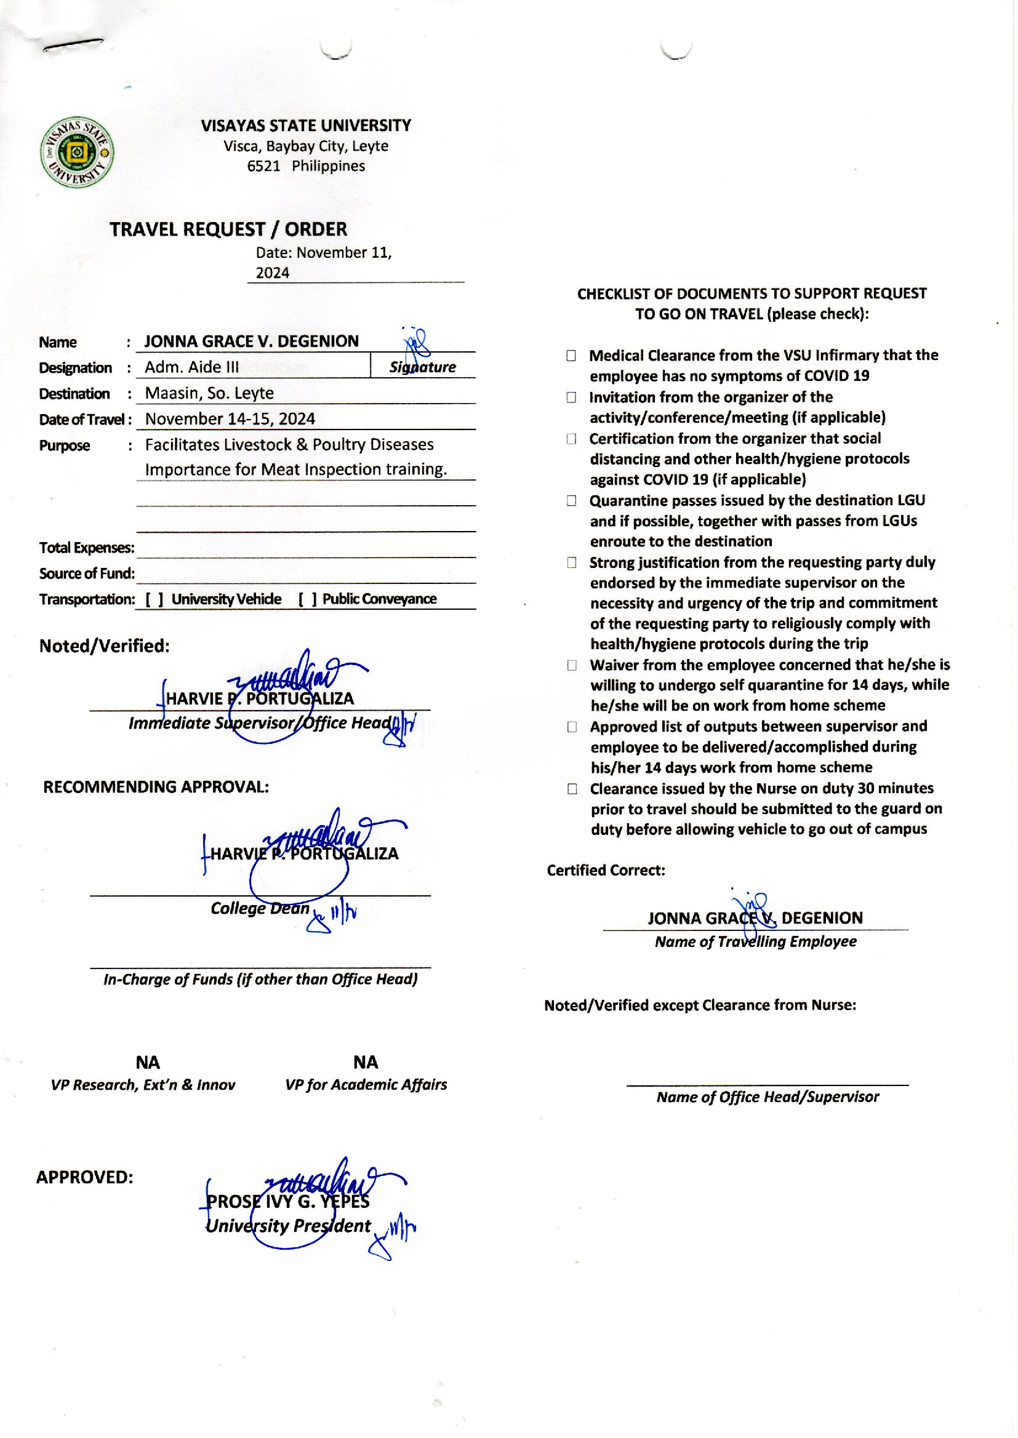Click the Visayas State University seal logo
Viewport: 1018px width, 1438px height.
point(77,152)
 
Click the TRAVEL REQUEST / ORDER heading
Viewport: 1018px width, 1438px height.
point(228,230)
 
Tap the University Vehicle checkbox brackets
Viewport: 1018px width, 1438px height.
point(154,600)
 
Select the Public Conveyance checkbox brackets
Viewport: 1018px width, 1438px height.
point(307,600)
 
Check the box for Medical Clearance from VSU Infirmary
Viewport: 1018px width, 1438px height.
point(571,356)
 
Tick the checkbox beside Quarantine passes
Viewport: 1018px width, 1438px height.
point(571,501)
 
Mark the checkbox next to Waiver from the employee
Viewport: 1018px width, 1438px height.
point(572,665)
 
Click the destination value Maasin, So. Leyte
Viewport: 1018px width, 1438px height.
point(209,393)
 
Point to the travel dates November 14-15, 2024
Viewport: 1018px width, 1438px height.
point(230,419)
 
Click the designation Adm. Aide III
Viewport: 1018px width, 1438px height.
point(192,367)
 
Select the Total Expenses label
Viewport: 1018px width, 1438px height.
point(87,548)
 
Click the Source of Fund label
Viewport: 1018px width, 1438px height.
point(87,574)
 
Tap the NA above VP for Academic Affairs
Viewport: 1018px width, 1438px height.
point(366,1063)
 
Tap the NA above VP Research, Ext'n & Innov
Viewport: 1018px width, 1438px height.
point(148,1063)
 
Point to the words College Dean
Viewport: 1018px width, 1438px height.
point(260,909)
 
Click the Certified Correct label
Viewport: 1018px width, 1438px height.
point(606,870)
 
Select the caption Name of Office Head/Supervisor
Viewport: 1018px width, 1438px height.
point(768,1097)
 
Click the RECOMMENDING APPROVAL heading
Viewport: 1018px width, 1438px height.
point(156,787)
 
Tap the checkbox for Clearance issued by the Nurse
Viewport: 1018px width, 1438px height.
point(572,789)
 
